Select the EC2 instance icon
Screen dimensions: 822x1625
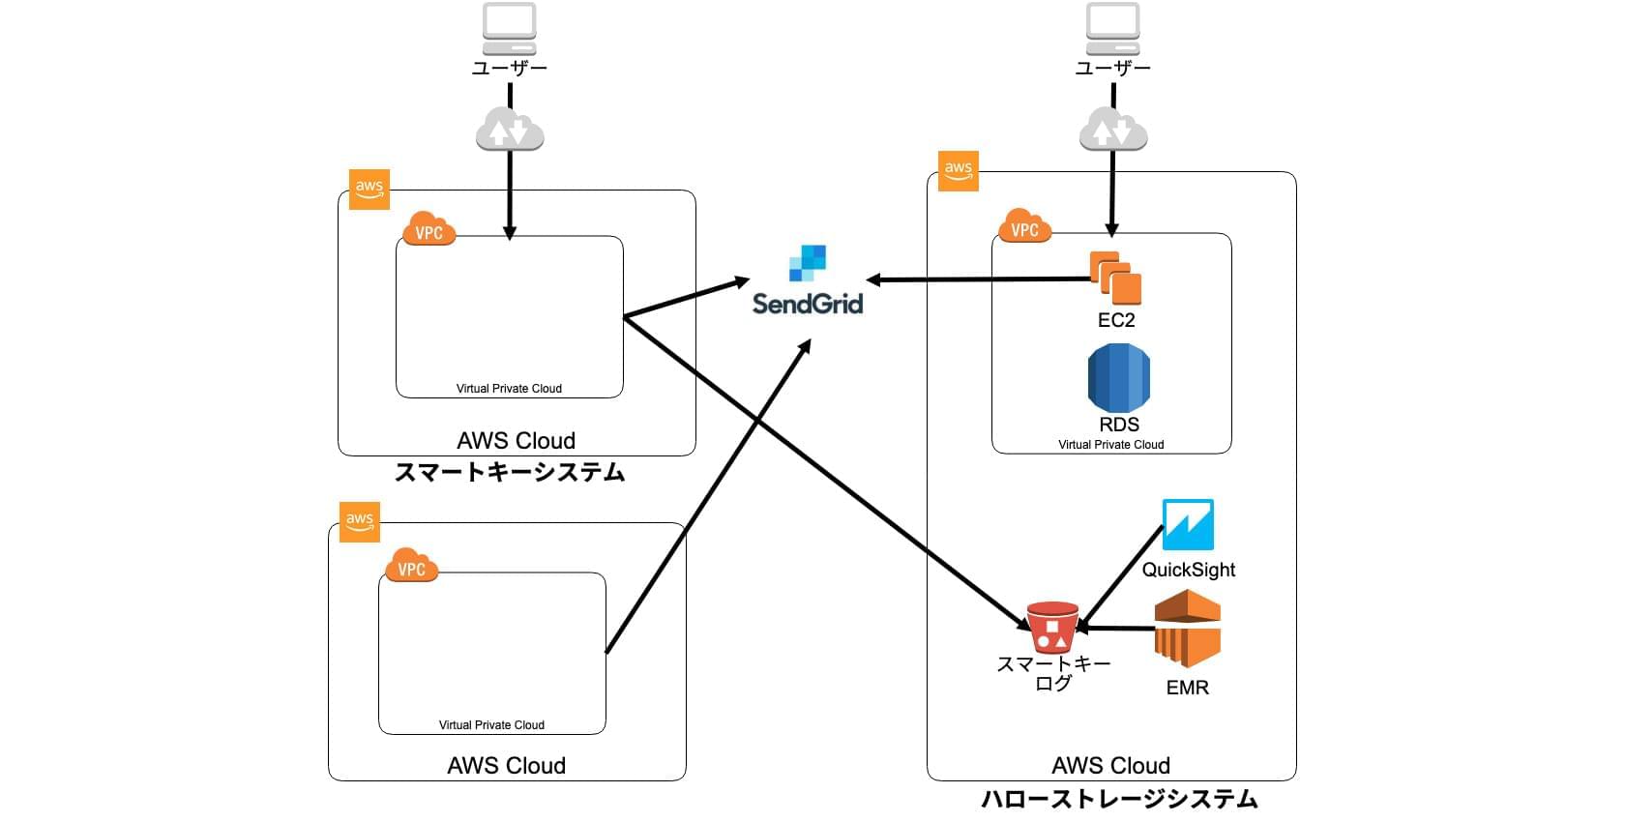1116,279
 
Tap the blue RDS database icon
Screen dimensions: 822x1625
1119,378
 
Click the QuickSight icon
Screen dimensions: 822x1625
1188,525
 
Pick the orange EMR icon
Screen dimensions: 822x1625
1188,629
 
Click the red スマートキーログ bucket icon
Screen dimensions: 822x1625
1052,628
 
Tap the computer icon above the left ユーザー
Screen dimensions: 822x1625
510,29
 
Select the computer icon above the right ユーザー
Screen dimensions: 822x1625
1113,29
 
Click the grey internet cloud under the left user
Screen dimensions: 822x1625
510,131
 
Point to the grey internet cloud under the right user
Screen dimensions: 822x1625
1113,131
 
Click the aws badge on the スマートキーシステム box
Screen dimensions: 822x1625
369,190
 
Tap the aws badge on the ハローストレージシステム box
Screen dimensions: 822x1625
959,171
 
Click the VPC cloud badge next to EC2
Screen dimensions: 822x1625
1024,227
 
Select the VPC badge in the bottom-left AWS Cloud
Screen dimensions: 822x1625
411,567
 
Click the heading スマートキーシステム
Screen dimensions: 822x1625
510,473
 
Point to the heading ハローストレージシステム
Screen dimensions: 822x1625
1119,800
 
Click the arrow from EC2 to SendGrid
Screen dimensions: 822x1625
977,279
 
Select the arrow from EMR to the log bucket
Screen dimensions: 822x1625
1117,629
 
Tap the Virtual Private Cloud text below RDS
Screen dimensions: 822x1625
1110,445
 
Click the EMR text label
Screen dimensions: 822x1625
1187,688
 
